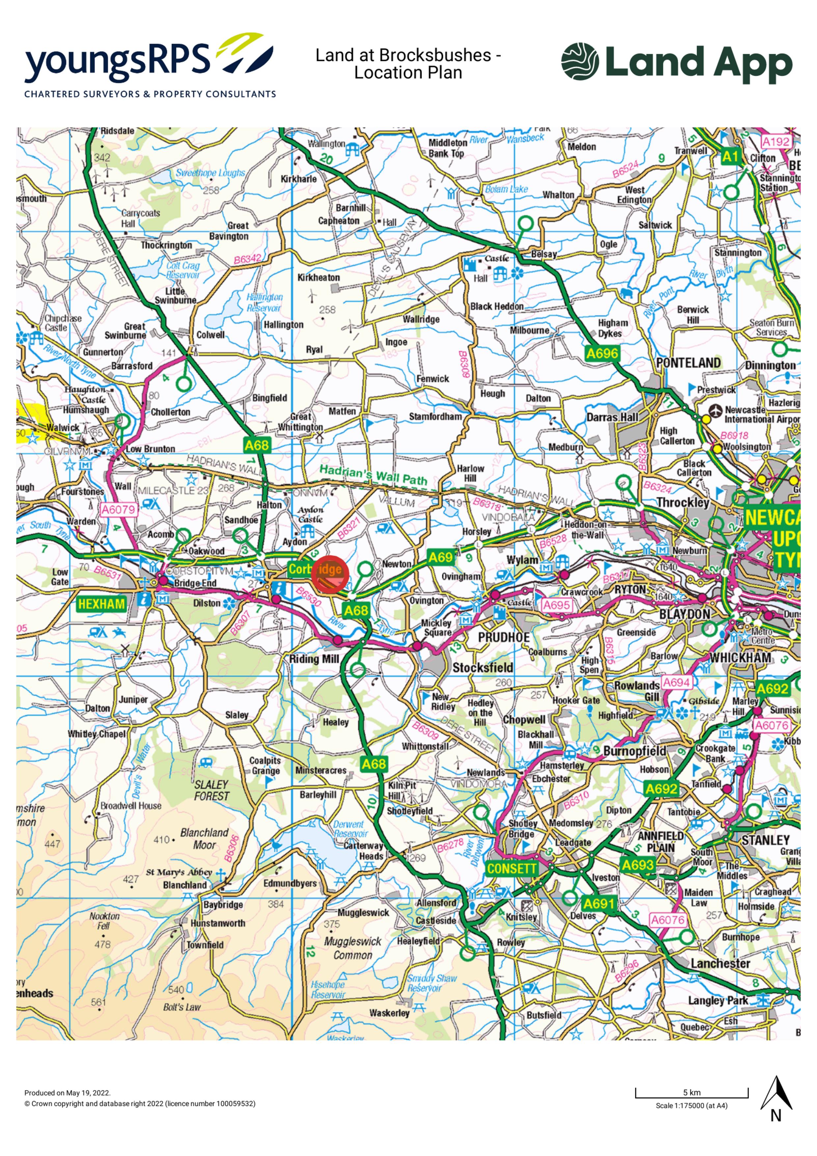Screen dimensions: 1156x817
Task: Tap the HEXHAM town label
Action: pos(101,604)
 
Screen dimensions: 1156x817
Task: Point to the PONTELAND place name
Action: pos(688,363)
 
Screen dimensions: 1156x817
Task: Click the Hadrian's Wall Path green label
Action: pos(373,475)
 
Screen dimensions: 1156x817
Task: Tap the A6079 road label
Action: pos(118,509)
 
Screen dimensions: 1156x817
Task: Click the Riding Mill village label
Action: pos(314,658)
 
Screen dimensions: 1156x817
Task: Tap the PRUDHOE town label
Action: pos(504,637)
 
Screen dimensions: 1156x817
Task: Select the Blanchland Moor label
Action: pos(204,838)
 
